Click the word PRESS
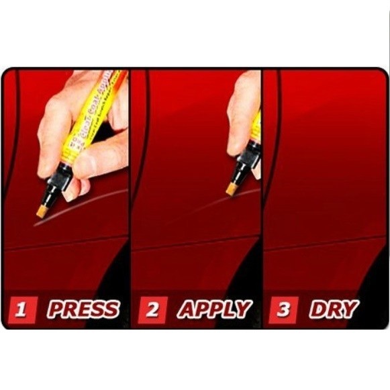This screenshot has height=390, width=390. [83, 309]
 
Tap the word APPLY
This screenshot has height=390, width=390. [214, 309]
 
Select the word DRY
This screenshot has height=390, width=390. [334, 309]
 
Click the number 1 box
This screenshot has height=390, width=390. [22, 310]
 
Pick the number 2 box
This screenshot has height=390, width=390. [152, 310]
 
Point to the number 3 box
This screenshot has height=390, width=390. [283, 310]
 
